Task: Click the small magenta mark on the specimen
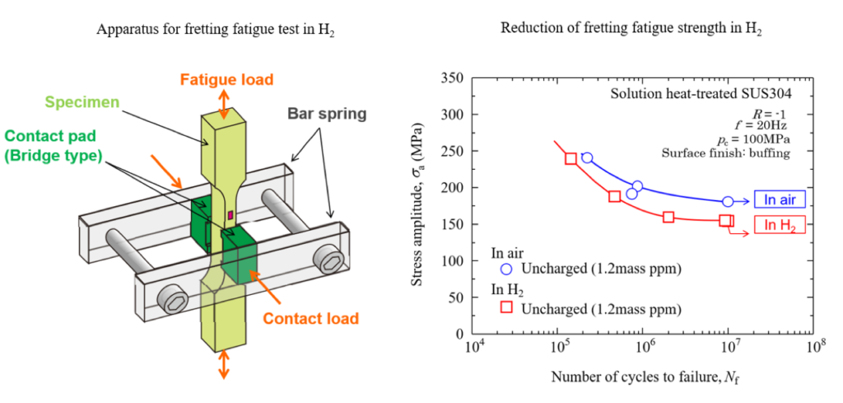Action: [231, 216]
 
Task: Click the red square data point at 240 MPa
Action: [571, 158]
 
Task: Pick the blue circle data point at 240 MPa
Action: [587, 157]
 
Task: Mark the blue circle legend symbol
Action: [507, 269]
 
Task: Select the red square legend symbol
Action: [507, 307]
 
